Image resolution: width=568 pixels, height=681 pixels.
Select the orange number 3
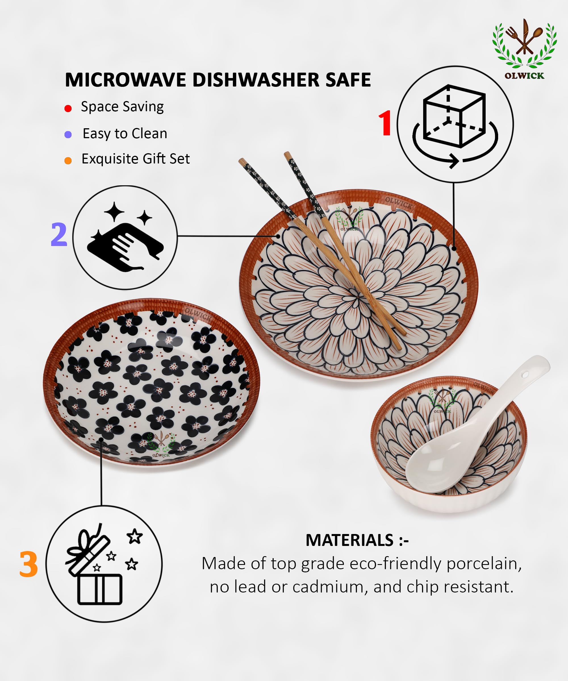tap(29, 564)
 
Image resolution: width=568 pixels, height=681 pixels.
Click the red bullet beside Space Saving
tap(68, 108)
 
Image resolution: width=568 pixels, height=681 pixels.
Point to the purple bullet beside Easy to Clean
tap(68, 134)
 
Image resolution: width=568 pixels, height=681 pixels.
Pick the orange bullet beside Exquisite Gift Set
tap(68, 161)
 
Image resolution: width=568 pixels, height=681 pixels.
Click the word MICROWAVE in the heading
tap(125, 80)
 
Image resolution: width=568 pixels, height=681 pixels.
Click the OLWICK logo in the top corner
tap(524, 49)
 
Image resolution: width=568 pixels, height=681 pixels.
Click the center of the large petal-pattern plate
tap(359, 297)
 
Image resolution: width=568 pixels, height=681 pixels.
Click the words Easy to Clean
tap(125, 134)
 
